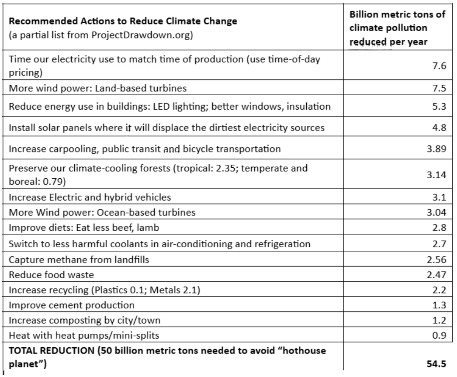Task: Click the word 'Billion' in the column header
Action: [363, 15]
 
